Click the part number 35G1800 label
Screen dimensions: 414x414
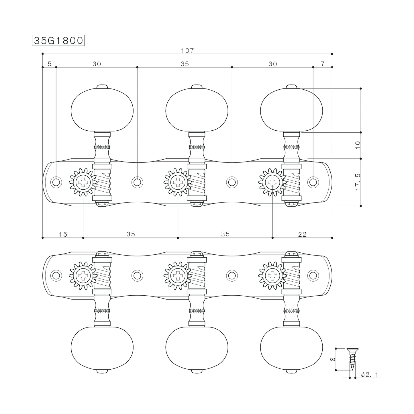pos(58,40)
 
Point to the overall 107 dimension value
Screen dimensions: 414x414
pos(187,50)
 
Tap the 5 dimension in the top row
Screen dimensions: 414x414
pos(50,64)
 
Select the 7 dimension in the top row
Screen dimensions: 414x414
pos(323,64)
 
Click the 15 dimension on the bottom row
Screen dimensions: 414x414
pos(63,234)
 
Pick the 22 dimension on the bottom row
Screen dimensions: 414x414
pos(302,234)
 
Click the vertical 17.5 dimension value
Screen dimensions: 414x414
pos(358,182)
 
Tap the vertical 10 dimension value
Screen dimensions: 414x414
pos(358,145)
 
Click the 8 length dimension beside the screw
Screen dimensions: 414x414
pos(332,359)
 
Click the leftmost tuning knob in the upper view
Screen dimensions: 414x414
pos(102,110)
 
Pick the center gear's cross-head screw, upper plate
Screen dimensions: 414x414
pos(178,182)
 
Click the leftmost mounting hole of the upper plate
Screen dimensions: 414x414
pos(56,182)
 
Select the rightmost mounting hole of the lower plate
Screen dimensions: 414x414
pos(313,275)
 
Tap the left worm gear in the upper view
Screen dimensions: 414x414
pos(102,182)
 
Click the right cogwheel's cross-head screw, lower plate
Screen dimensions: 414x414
pos(272,275)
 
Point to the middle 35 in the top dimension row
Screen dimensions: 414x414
pos(185,64)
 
